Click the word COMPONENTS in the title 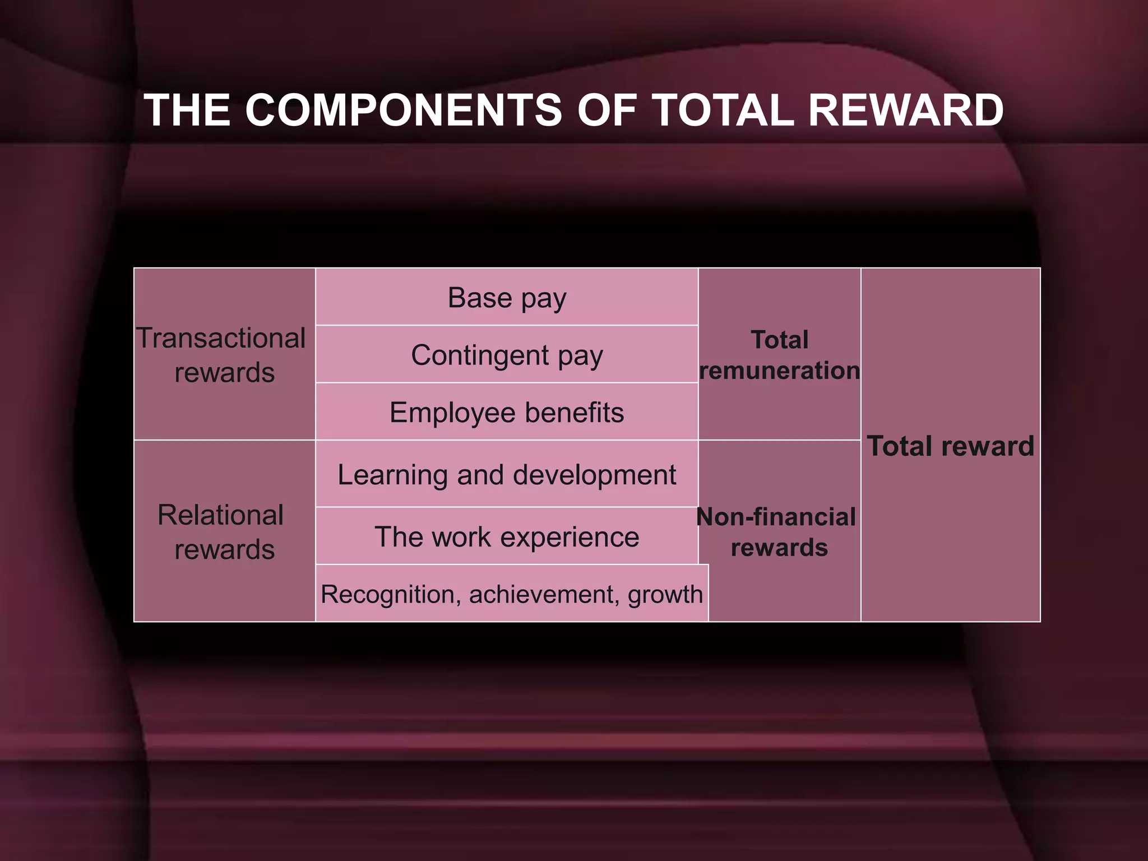click(404, 110)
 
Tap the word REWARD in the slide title click(905, 110)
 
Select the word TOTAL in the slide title click(723, 110)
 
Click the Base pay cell click(507, 298)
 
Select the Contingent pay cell click(507, 355)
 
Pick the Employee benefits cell click(507, 413)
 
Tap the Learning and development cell click(507, 475)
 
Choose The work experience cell click(507, 537)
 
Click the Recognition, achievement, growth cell click(512, 594)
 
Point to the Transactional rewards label click(224, 355)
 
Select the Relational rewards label click(224, 532)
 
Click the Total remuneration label click(779, 355)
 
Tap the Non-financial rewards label click(778, 532)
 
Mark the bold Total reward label click(950, 446)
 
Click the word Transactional click(221, 338)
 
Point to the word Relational click(221, 515)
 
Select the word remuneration click(779, 371)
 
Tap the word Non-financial click(776, 517)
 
